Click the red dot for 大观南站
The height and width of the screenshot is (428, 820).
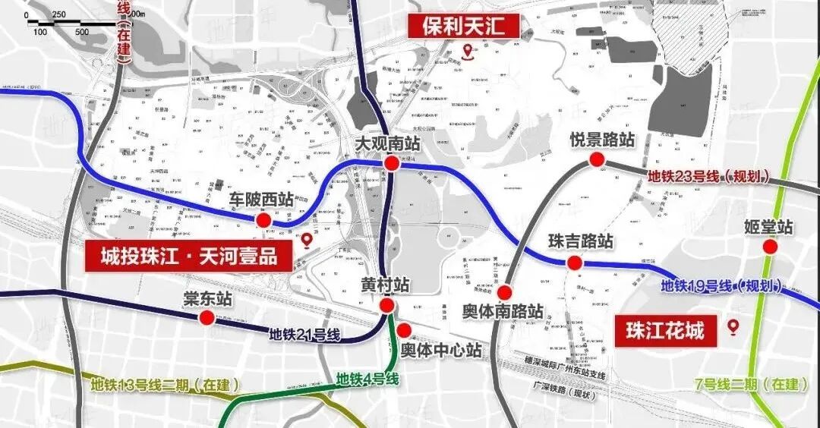[392, 164]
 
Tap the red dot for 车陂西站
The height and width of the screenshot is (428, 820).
[263, 220]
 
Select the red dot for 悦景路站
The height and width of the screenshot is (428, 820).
[597, 159]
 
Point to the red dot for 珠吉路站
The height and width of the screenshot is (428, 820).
[575, 263]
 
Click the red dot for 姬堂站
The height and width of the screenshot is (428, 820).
[770, 247]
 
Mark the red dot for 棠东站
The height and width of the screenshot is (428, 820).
[207, 319]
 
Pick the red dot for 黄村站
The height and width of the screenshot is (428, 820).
[386, 306]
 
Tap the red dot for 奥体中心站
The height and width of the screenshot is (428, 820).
[405, 330]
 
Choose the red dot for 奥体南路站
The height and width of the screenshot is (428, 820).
[505, 292]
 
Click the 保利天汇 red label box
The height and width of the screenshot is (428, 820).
[465, 26]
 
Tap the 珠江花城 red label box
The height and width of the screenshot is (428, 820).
[664, 330]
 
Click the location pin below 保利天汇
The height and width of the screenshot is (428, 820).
[468, 52]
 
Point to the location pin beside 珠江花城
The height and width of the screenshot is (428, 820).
[733, 327]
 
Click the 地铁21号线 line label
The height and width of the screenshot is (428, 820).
[304, 335]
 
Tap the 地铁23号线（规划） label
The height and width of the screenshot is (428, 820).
[708, 177]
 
